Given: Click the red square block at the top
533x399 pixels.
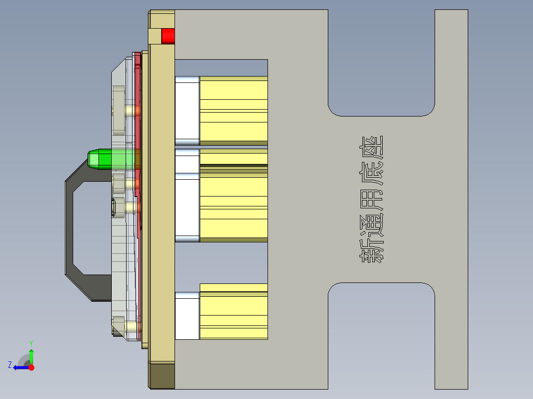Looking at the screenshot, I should (x=168, y=36).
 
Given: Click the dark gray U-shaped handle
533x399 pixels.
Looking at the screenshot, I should (x=69, y=227).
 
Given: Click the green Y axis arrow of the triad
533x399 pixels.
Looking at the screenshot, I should (x=31, y=355).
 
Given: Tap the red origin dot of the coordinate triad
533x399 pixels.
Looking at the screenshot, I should (x=32, y=367).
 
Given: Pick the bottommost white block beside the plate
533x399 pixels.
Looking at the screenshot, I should (x=187, y=316).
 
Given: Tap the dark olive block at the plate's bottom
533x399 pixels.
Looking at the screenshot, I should (x=162, y=375).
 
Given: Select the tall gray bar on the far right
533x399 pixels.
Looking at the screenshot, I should (x=451, y=198).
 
